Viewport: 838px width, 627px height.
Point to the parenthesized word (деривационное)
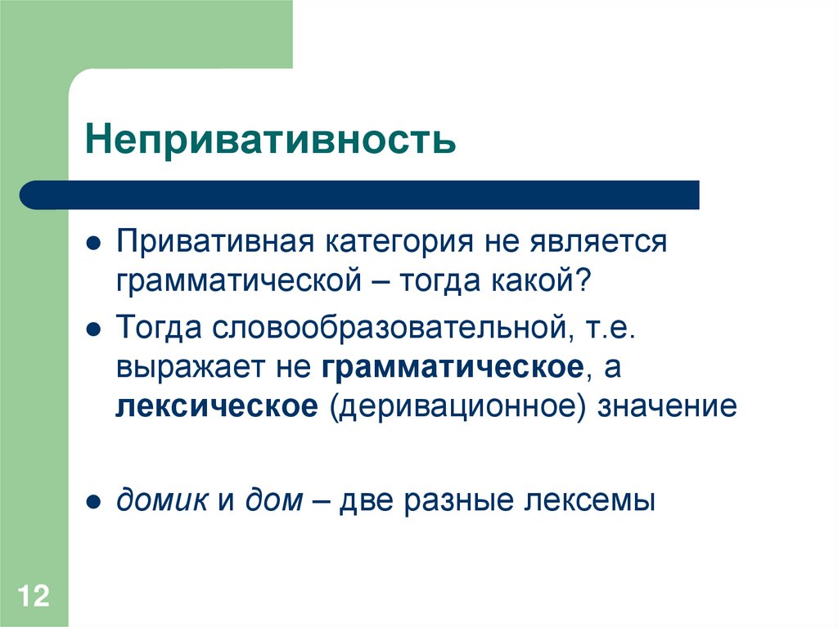pos(458,408)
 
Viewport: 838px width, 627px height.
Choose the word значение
pos(668,407)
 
